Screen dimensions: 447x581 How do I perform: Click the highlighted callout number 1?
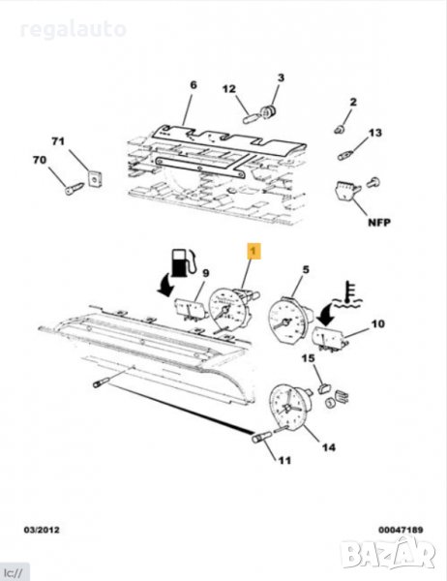click(x=253, y=251)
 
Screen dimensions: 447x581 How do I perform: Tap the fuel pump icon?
click(x=183, y=262)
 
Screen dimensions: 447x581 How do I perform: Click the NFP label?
click(x=379, y=223)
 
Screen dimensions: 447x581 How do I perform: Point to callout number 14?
click(x=329, y=447)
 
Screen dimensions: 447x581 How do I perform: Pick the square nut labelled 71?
click(x=95, y=179)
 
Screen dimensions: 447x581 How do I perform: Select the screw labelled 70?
click(x=74, y=188)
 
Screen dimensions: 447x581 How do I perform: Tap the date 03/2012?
click(x=42, y=530)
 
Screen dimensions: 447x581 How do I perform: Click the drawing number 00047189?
click(x=401, y=530)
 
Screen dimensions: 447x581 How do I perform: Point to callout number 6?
click(x=194, y=85)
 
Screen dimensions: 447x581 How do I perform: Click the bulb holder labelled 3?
click(x=269, y=111)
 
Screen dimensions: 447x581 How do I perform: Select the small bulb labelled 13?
click(x=345, y=155)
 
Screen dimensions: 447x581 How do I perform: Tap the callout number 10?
click(x=377, y=323)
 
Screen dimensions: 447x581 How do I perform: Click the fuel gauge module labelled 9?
click(x=191, y=309)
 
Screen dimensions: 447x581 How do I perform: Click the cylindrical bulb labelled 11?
click(x=259, y=438)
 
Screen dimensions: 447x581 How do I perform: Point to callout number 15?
click(x=308, y=358)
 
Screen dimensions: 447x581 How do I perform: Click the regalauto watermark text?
click(x=73, y=30)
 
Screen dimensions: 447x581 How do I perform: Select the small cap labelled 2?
click(x=339, y=130)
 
